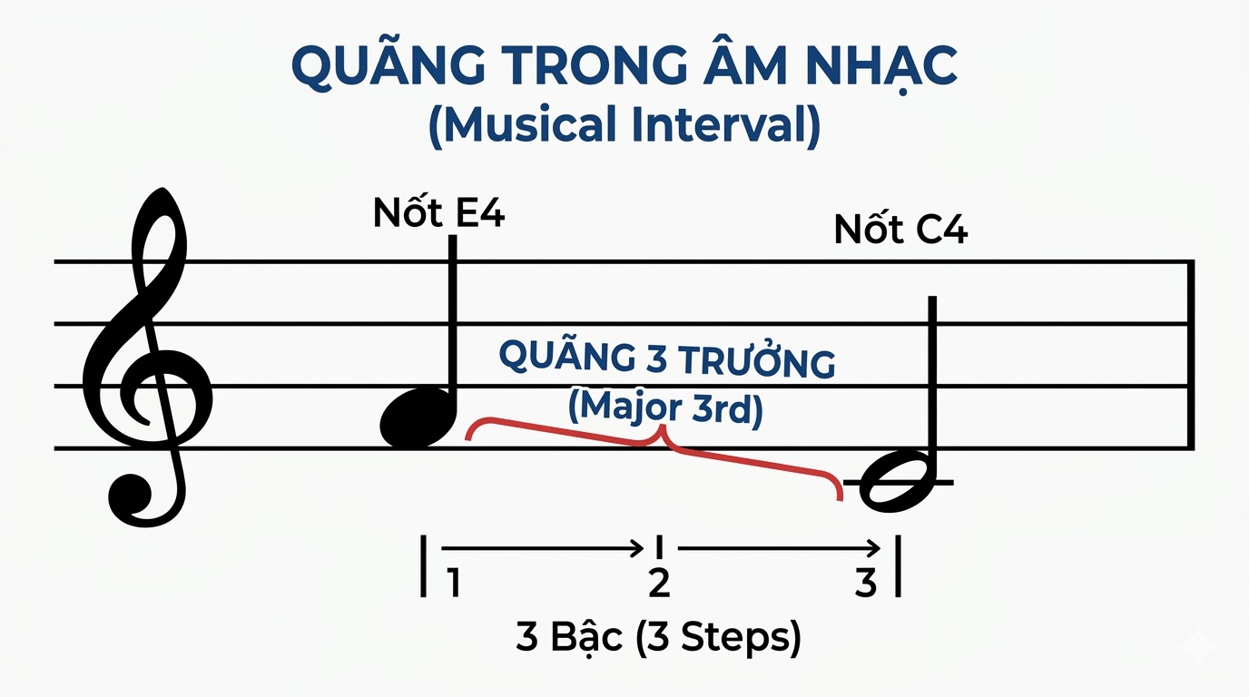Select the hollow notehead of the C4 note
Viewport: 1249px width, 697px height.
coord(898,480)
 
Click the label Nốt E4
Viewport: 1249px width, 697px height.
coord(438,214)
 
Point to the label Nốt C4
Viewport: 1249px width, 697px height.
coord(900,231)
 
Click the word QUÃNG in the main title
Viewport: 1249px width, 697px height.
coord(385,69)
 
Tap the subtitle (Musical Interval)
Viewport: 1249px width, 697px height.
coord(624,125)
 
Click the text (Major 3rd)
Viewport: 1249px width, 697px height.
coord(665,407)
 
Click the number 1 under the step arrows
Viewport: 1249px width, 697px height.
coord(453,584)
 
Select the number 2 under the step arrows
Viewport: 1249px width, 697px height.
coord(659,584)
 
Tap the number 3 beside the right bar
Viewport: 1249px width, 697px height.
coord(867,584)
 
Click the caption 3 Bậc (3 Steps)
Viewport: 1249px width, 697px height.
coord(658,639)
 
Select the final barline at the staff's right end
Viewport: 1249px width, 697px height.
coord(1190,354)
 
